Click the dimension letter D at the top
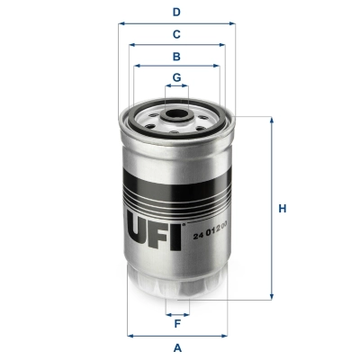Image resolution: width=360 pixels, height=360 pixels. pos(177,12)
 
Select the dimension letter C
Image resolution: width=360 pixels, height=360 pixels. pos(177,33)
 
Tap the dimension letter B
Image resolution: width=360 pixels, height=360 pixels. pos(177,56)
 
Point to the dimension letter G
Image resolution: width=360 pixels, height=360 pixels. pos(177,76)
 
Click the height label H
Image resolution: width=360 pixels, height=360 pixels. pos(282,210)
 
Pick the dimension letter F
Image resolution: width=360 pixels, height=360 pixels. pos(177,324)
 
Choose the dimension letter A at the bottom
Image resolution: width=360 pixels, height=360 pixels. pos(177,346)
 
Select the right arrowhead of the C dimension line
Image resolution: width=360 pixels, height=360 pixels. pos(226,44)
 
